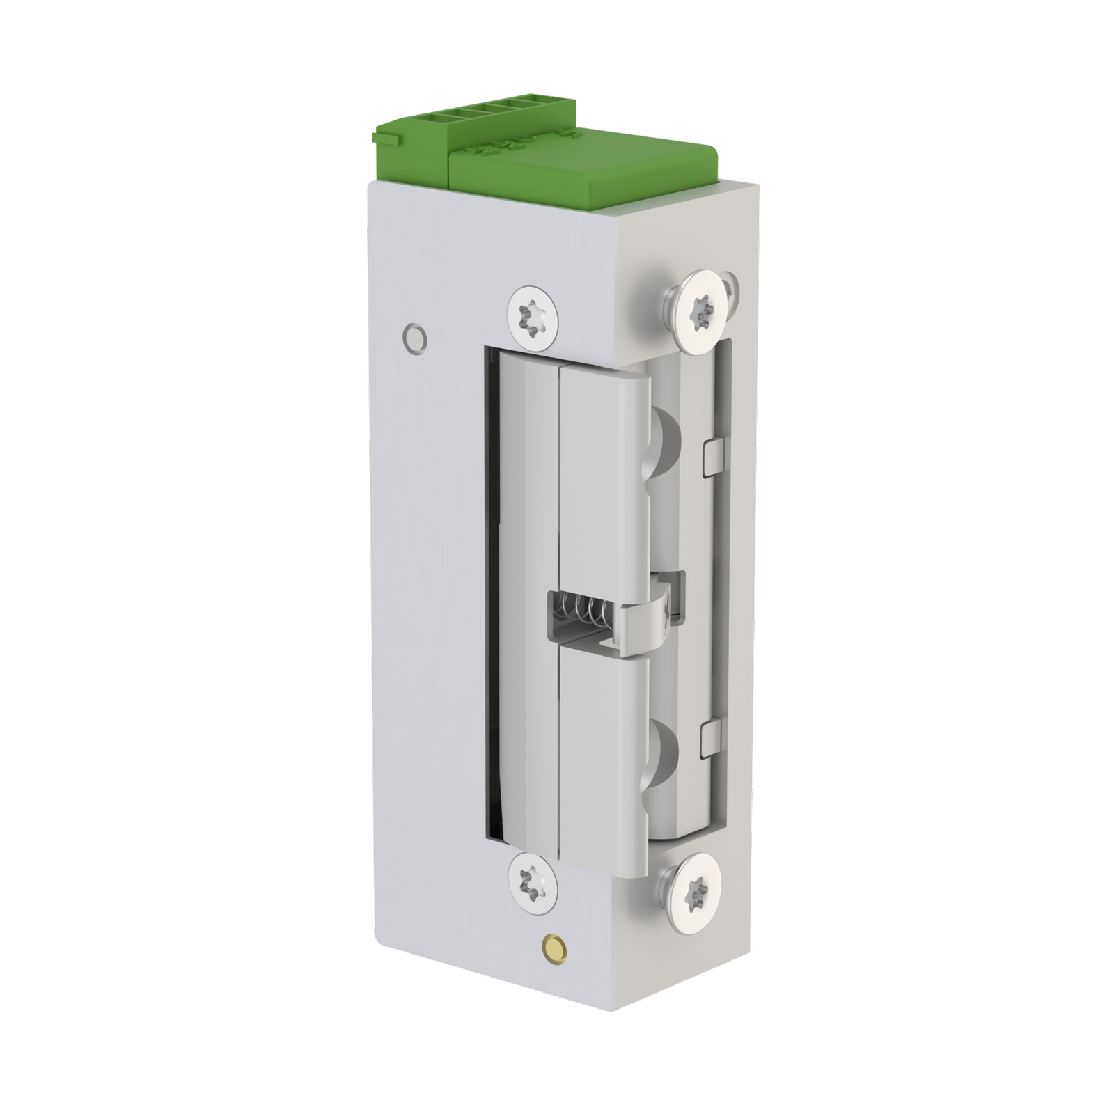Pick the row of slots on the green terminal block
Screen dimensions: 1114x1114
click(487, 111)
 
